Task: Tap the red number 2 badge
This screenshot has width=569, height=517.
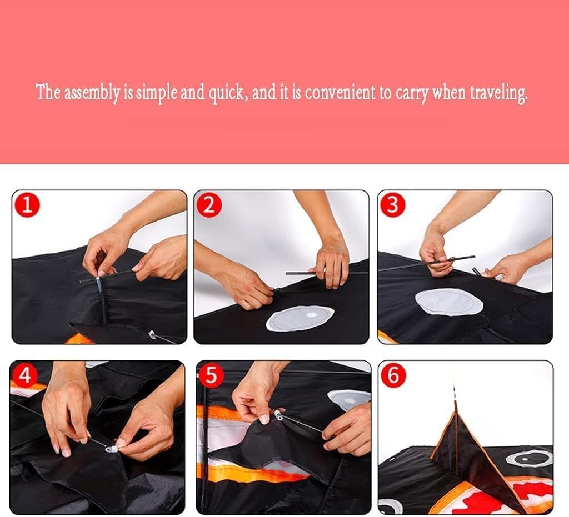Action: click(209, 205)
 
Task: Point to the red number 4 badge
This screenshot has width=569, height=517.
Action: click(24, 375)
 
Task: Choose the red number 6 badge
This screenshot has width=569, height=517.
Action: click(393, 375)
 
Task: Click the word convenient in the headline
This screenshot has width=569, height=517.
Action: click(340, 93)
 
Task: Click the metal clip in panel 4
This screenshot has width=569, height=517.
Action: click(112, 449)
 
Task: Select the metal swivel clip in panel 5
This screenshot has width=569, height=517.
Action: click(279, 415)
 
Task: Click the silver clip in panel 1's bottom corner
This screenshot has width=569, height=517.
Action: click(152, 334)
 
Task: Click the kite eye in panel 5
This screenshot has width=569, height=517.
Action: click(348, 400)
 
